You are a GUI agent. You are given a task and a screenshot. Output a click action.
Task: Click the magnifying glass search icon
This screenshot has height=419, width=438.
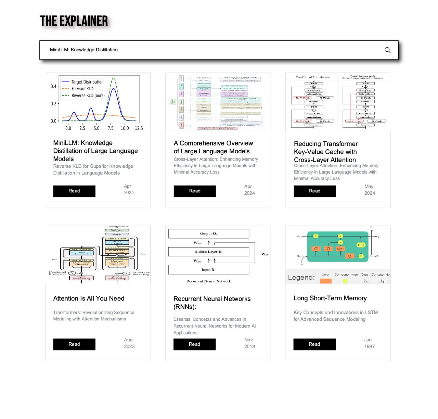click(x=387, y=50)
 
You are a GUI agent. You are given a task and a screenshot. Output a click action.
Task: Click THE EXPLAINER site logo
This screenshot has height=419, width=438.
click(x=74, y=21)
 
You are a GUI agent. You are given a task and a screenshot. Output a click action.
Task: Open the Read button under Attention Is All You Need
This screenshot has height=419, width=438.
click(x=74, y=344)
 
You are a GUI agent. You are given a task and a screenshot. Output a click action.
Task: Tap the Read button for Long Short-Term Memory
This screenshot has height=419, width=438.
click(x=314, y=344)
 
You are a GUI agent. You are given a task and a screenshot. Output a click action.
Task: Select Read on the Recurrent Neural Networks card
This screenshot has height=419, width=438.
click(x=194, y=344)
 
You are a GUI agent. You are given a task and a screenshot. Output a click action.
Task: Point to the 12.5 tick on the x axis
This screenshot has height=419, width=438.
click(x=139, y=128)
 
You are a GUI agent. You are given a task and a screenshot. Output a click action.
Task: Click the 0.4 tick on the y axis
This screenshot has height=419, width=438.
click(x=53, y=86)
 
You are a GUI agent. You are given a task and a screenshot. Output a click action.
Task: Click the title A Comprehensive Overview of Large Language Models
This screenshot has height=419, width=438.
click(x=213, y=147)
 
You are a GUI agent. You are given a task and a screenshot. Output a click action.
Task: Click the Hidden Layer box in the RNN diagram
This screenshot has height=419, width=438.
click(x=208, y=252)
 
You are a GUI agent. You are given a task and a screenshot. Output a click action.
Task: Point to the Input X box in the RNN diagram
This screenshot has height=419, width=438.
click(x=208, y=270)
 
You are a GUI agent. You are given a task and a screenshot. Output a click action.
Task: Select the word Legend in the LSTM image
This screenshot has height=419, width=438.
click(x=301, y=278)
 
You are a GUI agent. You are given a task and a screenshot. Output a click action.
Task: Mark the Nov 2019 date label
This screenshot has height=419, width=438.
click(x=249, y=343)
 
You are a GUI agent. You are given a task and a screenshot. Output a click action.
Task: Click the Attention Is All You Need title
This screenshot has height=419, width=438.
click(x=89, y=299)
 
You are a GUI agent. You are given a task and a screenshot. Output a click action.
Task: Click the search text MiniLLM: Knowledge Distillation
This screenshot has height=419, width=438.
click(x=84, y=50)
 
